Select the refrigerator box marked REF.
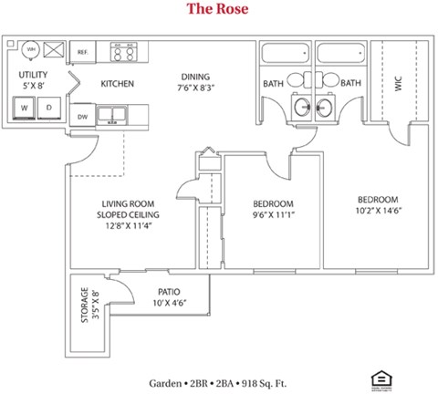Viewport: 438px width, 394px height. [83, 53]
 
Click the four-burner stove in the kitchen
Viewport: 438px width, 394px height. [123, 52]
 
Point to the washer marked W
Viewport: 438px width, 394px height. [25, 109]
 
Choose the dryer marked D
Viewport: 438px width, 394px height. [50, 109]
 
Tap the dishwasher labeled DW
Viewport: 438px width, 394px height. [82, 116]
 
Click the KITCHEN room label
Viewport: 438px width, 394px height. [118, 84]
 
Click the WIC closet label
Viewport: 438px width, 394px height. [400, 84]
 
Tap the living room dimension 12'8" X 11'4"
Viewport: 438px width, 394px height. [128, 226]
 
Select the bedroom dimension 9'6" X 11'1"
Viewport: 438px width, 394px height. [273, 215]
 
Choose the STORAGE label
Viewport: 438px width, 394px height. [84, 306]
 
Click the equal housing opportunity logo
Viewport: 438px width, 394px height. [377, 378]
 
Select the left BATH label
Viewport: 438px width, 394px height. [274, 84]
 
